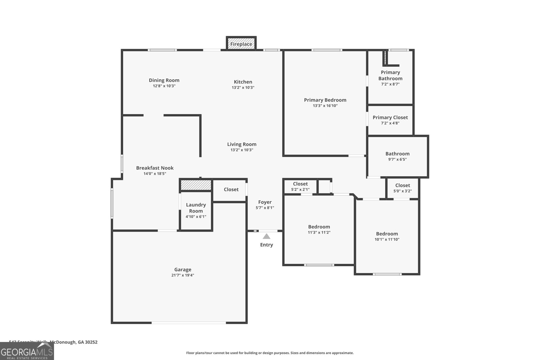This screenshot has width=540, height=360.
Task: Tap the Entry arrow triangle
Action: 267,237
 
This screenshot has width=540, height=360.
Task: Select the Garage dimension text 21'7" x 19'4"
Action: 183,275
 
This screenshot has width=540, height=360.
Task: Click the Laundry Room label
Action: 196,208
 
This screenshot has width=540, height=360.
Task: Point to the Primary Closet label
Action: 390,117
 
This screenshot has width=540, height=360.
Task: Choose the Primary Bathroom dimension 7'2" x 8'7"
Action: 390,84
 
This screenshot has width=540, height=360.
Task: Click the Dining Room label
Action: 164,80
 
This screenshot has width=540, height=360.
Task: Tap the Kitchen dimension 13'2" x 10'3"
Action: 243,88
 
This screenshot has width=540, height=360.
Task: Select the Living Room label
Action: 242,144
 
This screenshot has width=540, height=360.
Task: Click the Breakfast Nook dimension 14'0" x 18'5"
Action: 155,174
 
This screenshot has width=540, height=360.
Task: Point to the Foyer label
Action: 265,202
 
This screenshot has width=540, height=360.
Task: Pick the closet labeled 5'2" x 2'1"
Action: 300,187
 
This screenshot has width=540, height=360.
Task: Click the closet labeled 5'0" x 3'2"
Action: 403,188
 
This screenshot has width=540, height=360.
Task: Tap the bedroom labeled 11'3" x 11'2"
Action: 319,229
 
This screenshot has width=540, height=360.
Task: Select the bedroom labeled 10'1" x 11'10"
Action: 387,236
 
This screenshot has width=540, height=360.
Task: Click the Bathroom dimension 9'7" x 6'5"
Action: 398,160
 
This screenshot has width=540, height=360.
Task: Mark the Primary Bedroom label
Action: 325,100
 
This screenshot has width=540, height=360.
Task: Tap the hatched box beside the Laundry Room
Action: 196,185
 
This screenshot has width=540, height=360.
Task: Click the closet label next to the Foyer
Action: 231,190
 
